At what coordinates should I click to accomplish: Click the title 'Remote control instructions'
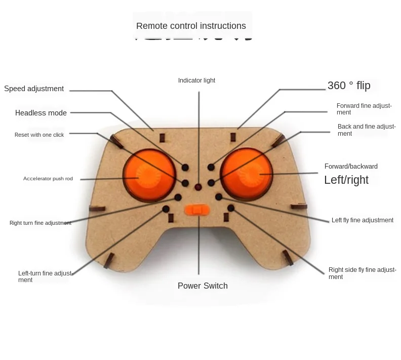point(191,26)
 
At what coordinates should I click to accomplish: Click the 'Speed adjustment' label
point(34,89)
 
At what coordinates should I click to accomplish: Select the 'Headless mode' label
point(41,113)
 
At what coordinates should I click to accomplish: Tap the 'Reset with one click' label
point(39,135)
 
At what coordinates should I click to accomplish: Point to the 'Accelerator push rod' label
point(48,178)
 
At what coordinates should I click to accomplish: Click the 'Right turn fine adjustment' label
point(40,223)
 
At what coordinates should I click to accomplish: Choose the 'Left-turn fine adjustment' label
point(46,276)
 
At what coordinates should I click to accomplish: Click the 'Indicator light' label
point(196,81)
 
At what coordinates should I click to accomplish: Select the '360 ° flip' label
point(349,86)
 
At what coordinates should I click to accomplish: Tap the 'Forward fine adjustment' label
point(364,109)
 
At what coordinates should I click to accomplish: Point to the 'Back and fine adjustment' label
point(366,130)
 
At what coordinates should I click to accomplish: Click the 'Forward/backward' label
point(351,166)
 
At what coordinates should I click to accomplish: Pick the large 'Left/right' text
point(346,180)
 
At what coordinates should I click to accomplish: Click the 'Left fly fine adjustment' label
point(362,220)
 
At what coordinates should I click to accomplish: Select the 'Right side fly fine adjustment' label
point(362,273)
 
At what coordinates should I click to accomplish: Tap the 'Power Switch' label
point(203,286)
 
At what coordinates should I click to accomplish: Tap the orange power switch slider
point(198,209)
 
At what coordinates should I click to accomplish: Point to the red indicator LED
point(198,187)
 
